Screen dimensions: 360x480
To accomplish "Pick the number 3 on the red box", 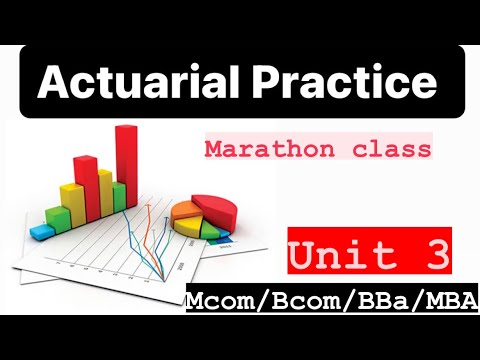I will click(x=432, y=256).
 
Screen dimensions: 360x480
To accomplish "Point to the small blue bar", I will click(x=43, y=231).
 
